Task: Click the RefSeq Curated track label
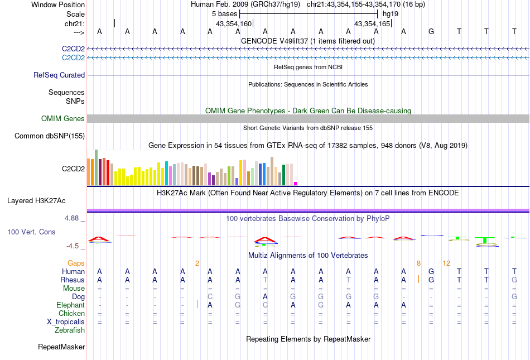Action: [x=59, y=75]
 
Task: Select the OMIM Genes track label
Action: [x=63, y=118]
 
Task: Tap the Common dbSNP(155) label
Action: [x=50, y=136]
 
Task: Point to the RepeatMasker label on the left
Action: [x=61, y=347]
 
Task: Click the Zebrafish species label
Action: [x=70, y=330]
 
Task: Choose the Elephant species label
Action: [x=70, y=305]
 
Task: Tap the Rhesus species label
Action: [x=73, y=280]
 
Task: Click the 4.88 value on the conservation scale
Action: [x=72, y=218]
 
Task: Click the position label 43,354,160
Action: [x=234, y=24]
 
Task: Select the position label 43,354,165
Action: [x=372, y=24]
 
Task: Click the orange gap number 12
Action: [x=446, y=263]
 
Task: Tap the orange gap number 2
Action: [x=197, y=263]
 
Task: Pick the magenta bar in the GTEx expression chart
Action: [x=296, y=183]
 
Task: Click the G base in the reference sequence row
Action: [x=431, y=31]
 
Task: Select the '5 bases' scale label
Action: [x=224, y=13]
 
